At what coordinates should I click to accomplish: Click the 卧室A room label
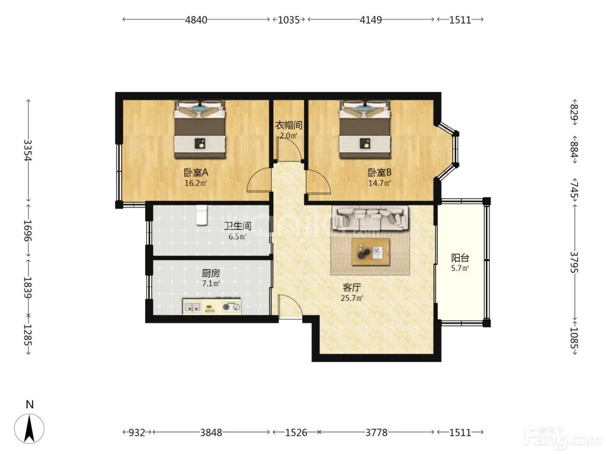[x=196, y=173]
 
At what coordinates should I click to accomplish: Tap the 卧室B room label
[x=380, y=173]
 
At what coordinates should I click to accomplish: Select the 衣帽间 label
[x=289, y=125]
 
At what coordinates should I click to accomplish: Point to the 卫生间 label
[x=238, y=226]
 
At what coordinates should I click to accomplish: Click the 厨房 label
[x=211, y=273]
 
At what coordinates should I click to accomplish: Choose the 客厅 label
[x=352, y=288]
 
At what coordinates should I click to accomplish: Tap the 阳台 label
[x=460, y=258]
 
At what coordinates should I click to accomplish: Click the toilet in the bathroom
[x=202, y=215]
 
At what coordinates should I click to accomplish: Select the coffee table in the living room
[x=371, y=252]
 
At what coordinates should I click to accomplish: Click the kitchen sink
[x=192, y=307]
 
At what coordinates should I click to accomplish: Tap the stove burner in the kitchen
[x=226, y=307]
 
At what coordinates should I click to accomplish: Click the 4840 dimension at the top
[x=196, y=20]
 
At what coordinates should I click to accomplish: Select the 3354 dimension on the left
[x=28, y=150]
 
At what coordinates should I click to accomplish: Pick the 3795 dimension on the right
[x=574, y=262]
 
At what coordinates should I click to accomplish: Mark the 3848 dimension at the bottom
[x=211, y=432]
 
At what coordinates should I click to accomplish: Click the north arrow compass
[x=29, y=428]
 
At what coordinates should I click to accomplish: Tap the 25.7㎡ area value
[x=352, y=298]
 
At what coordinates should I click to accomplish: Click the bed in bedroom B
[x=365, y=129]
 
